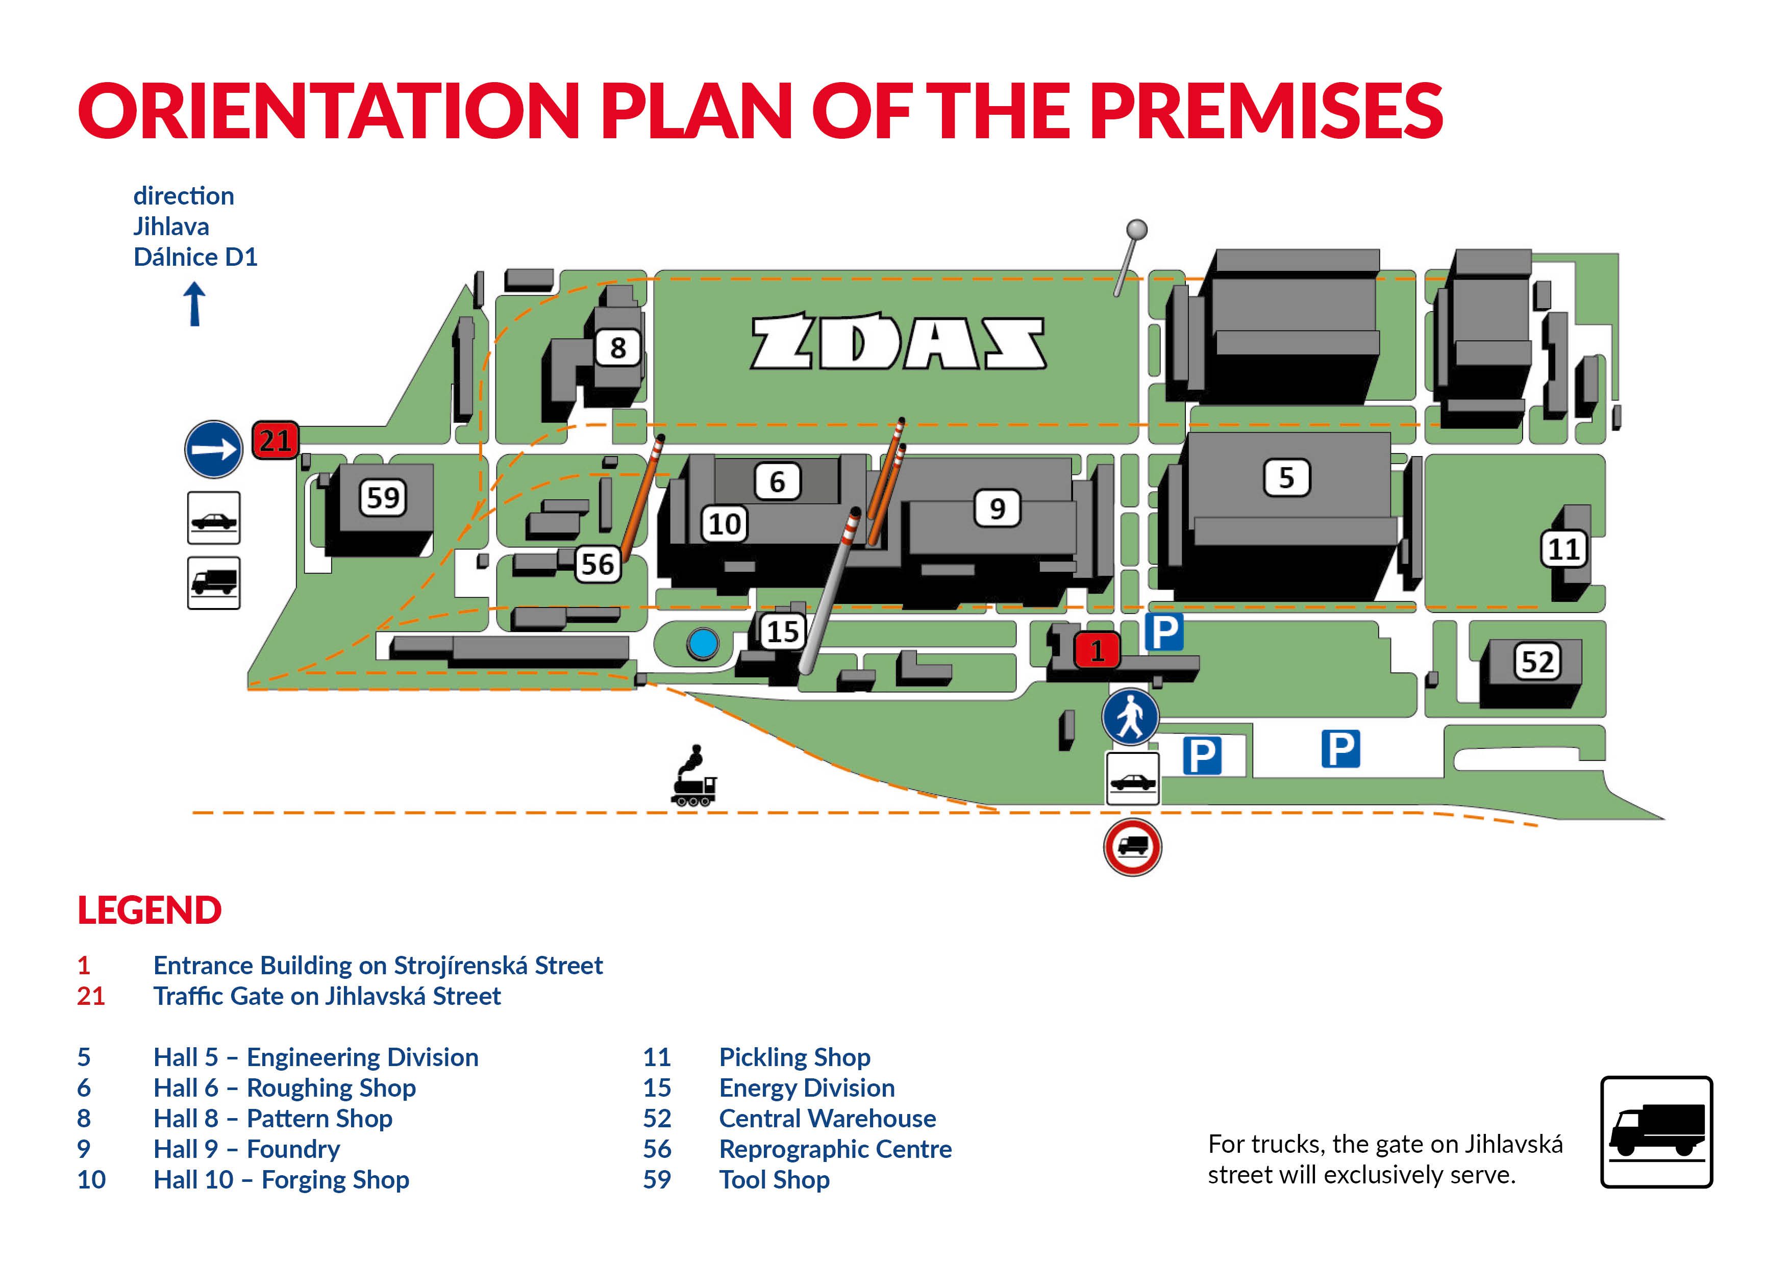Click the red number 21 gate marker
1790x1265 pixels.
click(275, 440)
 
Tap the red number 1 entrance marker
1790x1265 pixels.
click(1098, 650)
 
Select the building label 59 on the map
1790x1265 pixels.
click(383, 497)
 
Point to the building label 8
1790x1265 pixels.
click(617, 348)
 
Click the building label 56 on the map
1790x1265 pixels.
click(598, 564)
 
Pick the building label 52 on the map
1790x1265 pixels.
click(1537, 662)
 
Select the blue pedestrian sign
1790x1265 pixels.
click(1130, 716)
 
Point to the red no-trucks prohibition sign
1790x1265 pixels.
click(1133, 847)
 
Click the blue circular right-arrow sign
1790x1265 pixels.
click(214, 450)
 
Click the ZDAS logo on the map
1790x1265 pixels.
click(898, 342)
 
